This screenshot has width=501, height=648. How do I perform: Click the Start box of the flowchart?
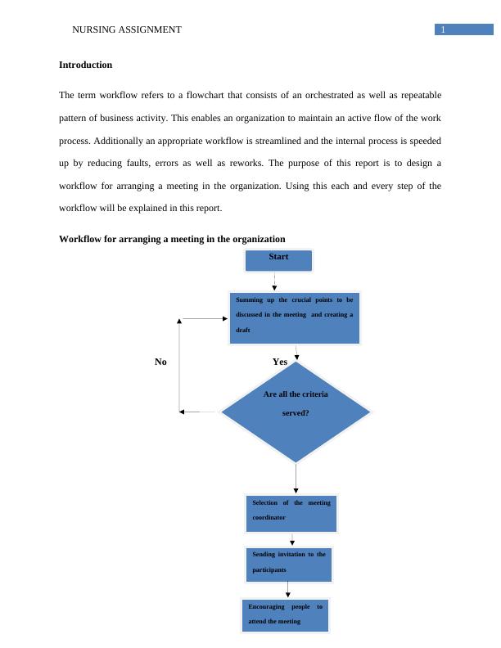[278, 260]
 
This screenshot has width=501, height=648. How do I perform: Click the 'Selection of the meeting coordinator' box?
[291, 512]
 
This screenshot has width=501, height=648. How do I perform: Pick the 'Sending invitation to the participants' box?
[289, 564]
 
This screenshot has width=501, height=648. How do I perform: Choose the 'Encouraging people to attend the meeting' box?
[286, 615]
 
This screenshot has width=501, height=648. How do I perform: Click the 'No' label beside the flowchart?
[161, 362]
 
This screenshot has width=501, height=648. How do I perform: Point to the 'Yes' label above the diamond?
[280, 362]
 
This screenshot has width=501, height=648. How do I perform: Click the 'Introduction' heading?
[85, 65]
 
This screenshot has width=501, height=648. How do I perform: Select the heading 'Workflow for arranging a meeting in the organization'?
[172, 239]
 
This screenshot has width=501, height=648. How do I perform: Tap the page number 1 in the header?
[443, 30]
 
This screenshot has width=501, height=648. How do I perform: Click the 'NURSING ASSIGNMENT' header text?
[127, 29]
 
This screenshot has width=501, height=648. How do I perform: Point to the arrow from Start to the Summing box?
[275, 281]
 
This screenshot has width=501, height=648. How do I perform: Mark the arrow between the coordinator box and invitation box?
[292, 539]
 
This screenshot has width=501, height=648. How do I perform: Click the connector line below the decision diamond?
[296, 478]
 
